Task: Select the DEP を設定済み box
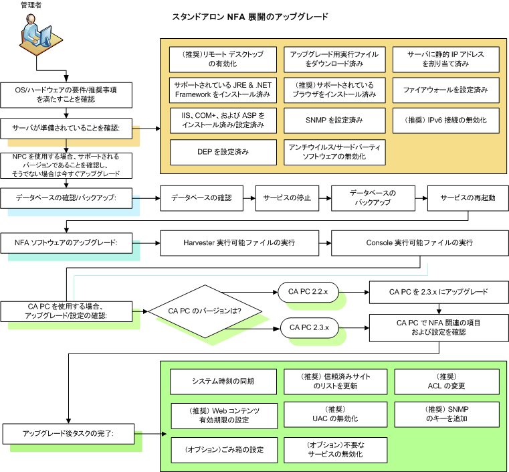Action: [223, 152]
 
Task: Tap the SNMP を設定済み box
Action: [334, 121]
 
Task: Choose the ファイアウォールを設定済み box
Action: [445, 90]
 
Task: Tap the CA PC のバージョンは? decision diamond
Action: [205, 311]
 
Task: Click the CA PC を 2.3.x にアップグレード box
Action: [438, 293]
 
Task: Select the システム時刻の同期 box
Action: [223, 382]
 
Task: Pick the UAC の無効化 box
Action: [334, 413]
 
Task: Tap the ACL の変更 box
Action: [446, 382]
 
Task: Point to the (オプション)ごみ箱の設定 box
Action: [223, 449]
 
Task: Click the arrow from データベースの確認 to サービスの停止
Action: [247, 198]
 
